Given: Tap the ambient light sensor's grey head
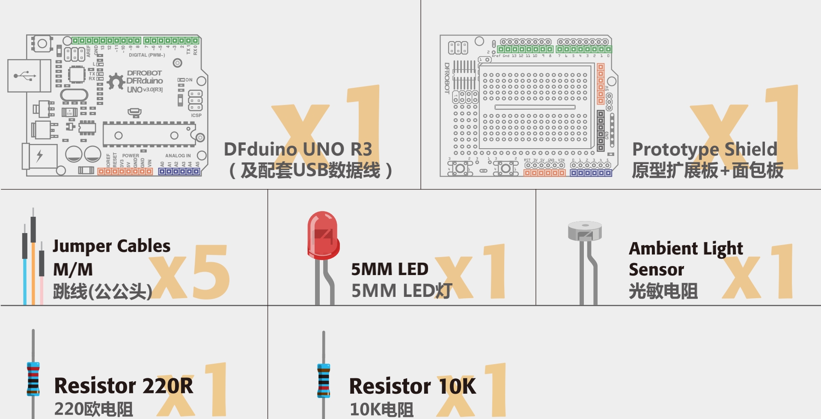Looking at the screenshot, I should pyautogui.click(x=585, y=230).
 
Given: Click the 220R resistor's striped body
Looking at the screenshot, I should pyautogui.click(x=33, y=379).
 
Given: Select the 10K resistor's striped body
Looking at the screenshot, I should pyautogui.click(x=324, y=381).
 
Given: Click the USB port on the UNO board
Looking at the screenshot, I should pyautogui.click(x=29, y=76).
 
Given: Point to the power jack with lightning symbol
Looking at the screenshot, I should pyautogui.click(x=40, y=156).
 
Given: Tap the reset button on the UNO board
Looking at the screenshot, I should pyautogui.click(x=42, y=43).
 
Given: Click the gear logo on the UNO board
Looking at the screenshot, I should pyautogui.click(x=116, y=81).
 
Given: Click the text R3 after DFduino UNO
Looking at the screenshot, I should pyautogui.click(x=361, y=149).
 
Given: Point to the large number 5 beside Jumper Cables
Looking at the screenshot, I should pyautogui.click(x=211, y=272).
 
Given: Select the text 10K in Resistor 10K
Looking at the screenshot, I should pyautogui.click(x=457, y=386).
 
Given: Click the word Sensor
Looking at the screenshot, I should pyautogui.click(x=656, y=270).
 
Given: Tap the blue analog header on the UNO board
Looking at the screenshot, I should pyautogui.click(x=179, y=171).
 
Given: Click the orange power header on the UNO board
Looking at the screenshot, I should pyautogui.click(x=125, y=171).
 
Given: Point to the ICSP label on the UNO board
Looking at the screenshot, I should pyautogui.click(x=196, y=115).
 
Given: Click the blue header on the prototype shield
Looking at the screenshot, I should pyautogui.click(x=591, y=173).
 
